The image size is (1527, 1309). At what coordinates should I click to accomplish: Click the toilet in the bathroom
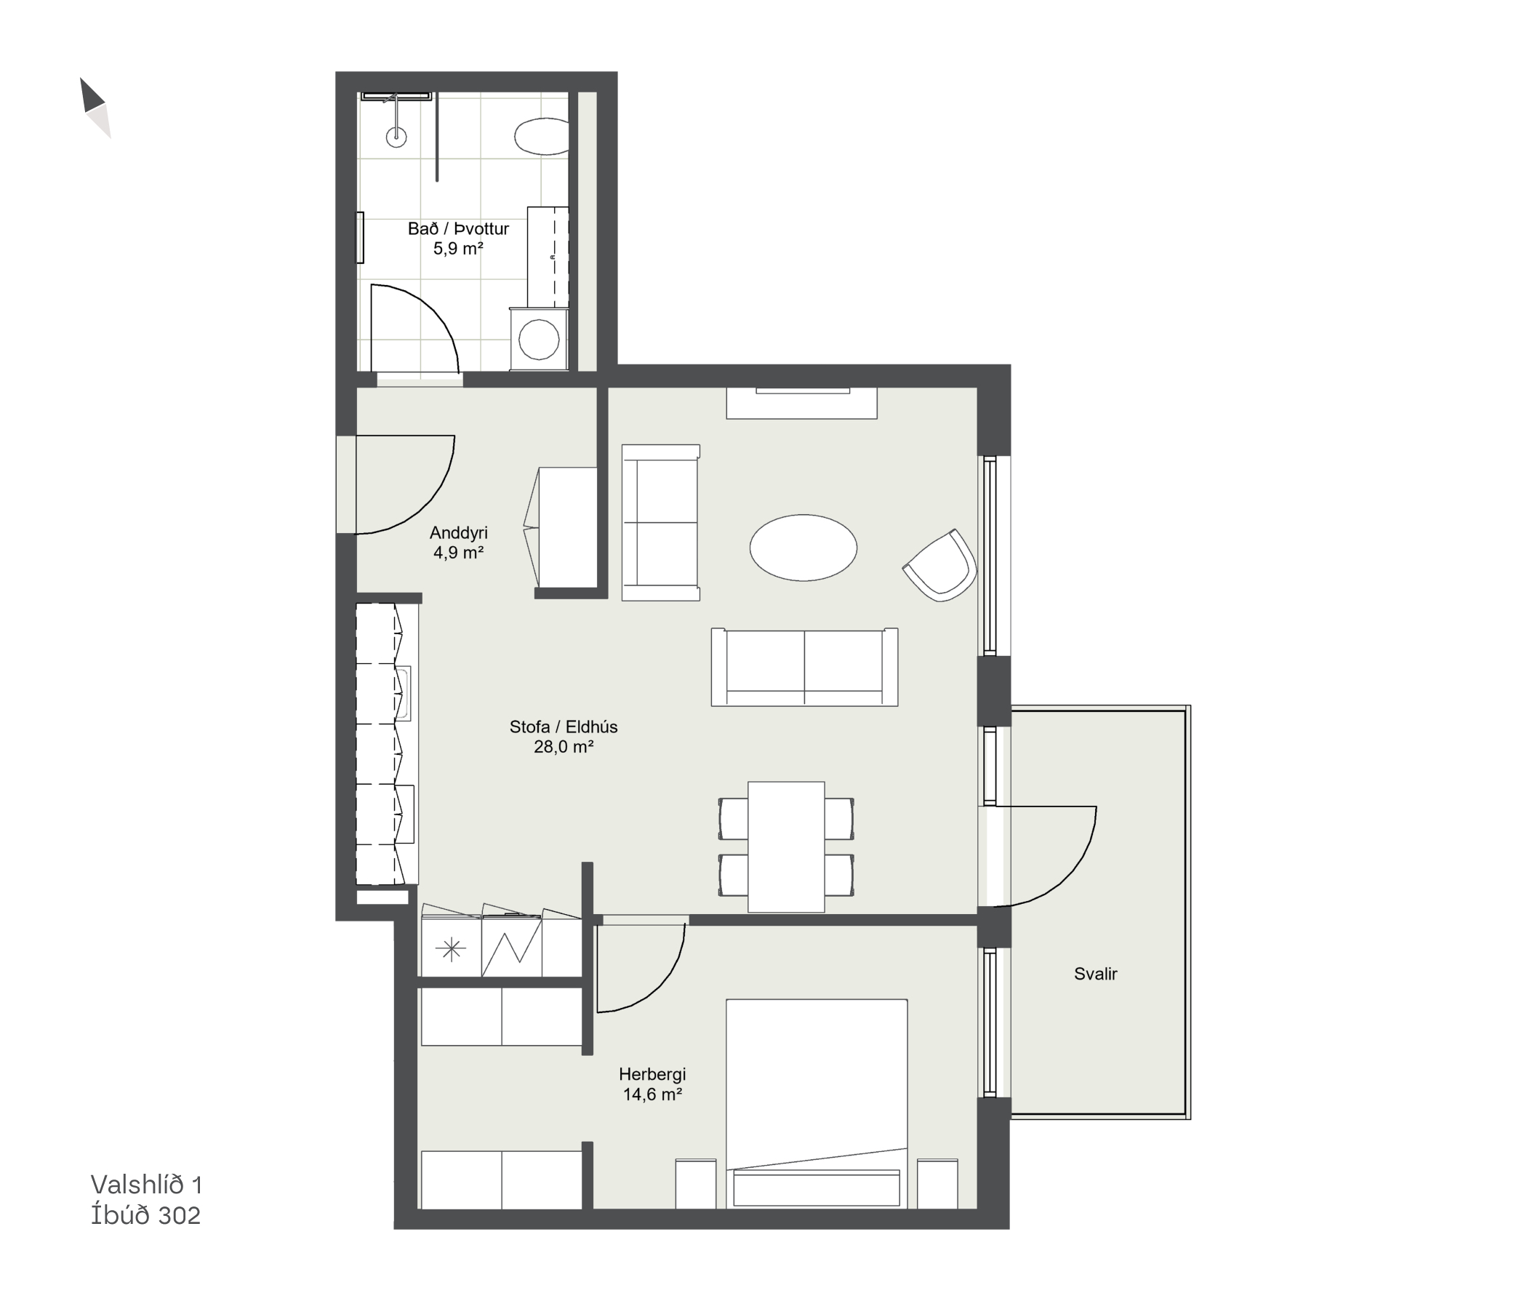542,137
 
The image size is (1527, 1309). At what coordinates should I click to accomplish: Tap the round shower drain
396,135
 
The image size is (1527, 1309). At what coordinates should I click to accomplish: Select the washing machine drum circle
539,339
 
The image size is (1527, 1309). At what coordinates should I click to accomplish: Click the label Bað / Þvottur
458,229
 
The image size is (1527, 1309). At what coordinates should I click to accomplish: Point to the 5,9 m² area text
458,249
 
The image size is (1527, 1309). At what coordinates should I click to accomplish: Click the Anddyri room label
458,532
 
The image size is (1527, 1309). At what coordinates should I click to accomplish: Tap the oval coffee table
803,548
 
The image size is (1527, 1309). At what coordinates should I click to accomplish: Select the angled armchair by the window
940,565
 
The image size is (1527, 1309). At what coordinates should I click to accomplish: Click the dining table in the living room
786,847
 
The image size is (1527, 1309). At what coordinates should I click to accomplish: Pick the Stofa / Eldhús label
564,726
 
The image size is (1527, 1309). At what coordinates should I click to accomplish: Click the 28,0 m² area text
564,747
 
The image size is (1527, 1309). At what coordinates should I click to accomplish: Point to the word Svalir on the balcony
1096,974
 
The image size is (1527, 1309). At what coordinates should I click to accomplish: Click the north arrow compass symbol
95,108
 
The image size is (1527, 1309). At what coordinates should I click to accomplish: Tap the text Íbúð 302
146,1215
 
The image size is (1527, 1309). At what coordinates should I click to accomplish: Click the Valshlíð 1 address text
147,1185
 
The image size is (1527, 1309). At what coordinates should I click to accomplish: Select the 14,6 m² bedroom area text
652,1094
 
